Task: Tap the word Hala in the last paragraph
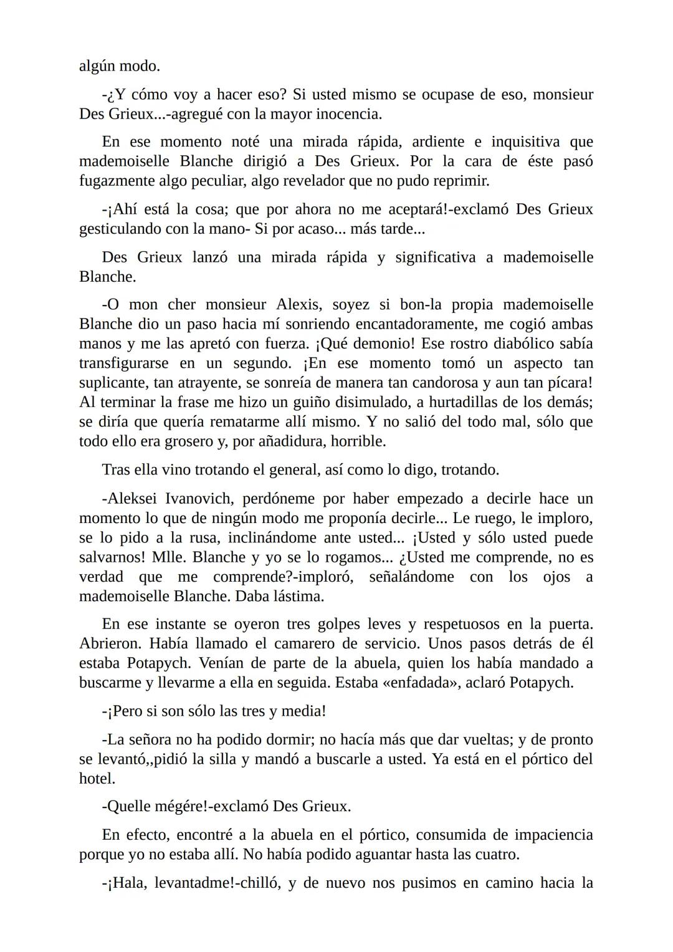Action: pyautogui.click(x=127, y=883)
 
